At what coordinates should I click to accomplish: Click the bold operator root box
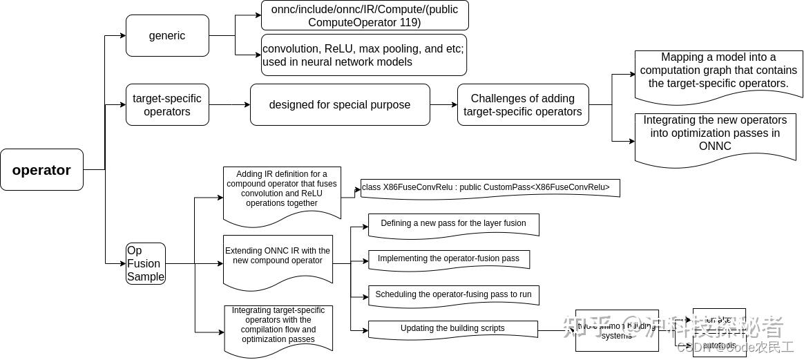[41, 170]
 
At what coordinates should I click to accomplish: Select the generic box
[167, 36]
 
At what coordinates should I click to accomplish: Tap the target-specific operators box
[167, 105]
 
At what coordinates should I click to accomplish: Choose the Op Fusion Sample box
[146, 263]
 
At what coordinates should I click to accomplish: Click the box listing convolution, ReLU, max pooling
[364, 55]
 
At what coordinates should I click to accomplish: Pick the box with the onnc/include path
[364, 15]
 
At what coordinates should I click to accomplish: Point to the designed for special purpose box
[339, 105]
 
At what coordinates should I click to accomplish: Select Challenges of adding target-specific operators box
[522, 105]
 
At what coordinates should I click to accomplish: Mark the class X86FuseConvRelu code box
[490, 188]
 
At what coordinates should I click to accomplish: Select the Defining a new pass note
[453, 224]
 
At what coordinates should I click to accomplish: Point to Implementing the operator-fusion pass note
[448, 259]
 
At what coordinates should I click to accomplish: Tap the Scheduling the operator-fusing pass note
[453, 294]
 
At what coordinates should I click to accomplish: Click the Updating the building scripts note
[452, 329]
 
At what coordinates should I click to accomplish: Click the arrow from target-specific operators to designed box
[229, 105]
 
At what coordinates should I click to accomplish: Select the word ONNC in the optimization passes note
[715, 146]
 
